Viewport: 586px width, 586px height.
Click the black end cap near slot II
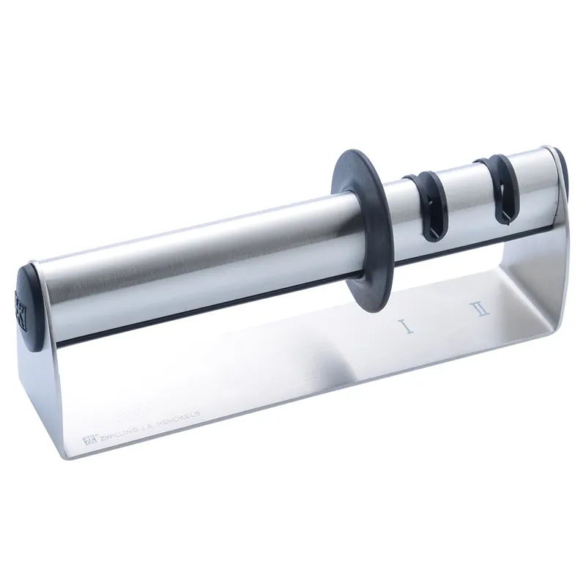coord(563,174)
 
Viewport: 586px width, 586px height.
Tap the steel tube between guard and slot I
coord(393,212)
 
